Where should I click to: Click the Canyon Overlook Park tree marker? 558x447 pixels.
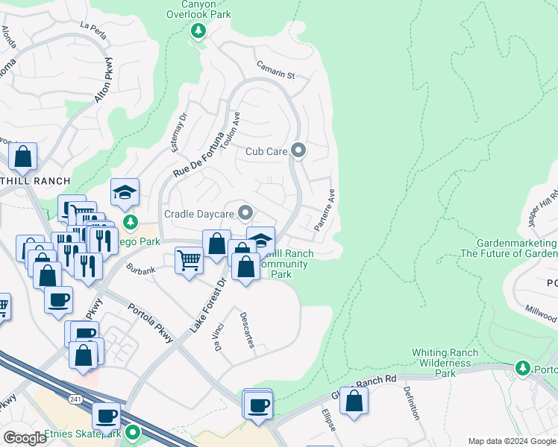[198, 31]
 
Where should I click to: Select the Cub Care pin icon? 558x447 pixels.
[298, 151]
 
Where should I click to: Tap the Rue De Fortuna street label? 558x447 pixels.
[198, 155]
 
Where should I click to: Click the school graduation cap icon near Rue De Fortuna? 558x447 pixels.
[125, 194]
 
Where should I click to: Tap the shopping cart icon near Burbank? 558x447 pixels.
[189, 261]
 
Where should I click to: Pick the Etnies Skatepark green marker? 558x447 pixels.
[134, 432]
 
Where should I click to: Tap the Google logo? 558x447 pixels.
[25, 438]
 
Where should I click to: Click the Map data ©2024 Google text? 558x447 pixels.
[511, 441]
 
